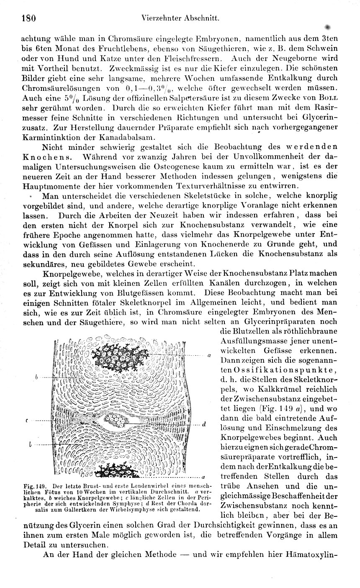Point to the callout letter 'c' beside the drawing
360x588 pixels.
(27, 420)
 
